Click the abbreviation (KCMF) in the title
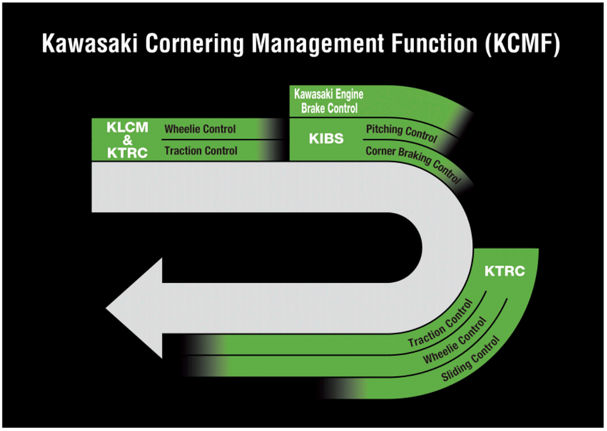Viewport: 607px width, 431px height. click(521, 44)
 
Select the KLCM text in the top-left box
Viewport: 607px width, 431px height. click(127, 128)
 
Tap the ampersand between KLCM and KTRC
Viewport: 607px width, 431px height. click(127, 140)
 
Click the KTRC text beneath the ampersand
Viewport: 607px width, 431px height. click(127, 152)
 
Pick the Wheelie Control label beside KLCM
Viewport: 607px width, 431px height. click(200, 129)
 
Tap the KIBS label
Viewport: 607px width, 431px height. click(326, 139)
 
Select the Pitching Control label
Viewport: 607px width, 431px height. click(401, 132)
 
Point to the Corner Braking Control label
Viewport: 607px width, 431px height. click(413, 163)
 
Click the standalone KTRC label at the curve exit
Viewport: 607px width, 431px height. click(504, 271)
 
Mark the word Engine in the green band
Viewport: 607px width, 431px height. click(345, 94)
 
